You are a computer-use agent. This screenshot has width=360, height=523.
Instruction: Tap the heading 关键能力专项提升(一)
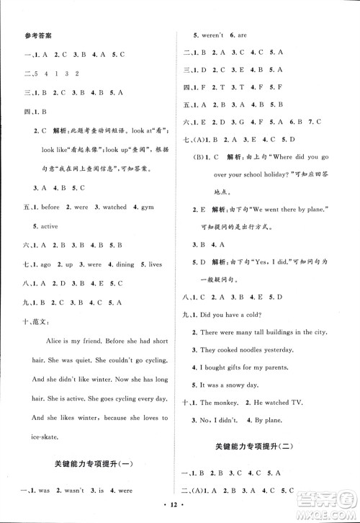(x=97, y=461)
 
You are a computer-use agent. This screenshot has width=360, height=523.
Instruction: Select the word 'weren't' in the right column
(x=213, y=34)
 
